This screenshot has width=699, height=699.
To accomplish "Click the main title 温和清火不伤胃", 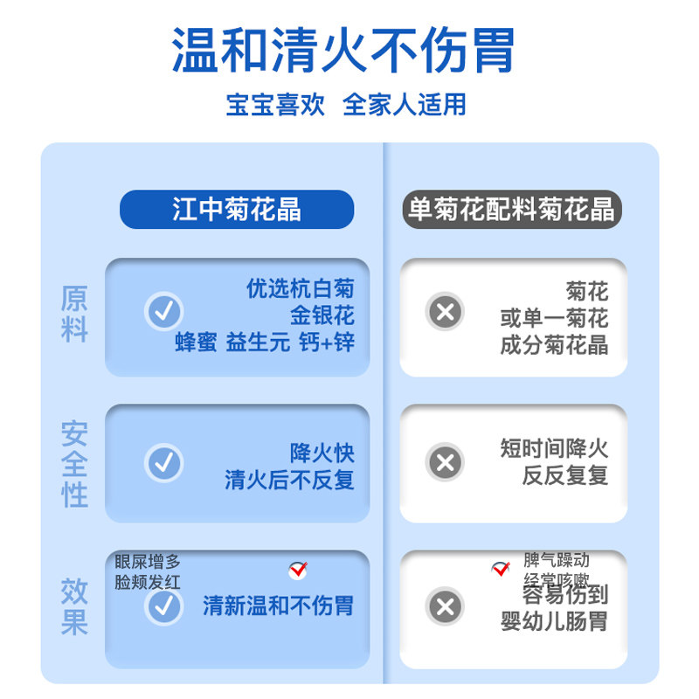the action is (343, 50).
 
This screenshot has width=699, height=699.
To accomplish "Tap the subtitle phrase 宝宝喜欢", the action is (275, 104).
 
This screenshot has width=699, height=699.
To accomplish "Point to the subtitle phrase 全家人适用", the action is (404, 104).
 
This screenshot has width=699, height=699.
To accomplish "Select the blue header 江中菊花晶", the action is (237, 210).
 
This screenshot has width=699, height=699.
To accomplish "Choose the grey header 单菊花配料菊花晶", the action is (512, 210).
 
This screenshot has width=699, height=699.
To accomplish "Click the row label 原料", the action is (74, 315).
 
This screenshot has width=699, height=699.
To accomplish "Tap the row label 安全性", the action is (74, 463).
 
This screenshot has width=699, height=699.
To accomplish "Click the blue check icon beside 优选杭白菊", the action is (163, 312).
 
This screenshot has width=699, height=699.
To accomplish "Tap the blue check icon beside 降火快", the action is (163, 462).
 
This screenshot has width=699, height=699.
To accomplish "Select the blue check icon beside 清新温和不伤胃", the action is (163, 606).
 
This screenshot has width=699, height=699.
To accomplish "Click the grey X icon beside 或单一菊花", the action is (445, 312).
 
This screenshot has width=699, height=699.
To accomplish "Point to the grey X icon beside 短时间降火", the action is (445, 462).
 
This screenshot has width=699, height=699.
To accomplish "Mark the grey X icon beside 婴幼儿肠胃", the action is (445, 606).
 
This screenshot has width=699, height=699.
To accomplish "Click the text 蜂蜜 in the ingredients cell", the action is (196, 343).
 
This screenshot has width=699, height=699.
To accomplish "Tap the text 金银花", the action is (322, 315).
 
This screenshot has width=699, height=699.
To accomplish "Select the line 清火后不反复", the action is (289, 480).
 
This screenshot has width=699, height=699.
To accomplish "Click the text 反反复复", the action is (564, 476).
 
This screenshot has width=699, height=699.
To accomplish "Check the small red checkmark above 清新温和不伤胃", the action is (298, 571).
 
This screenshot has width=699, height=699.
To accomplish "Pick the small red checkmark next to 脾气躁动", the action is (501, 569).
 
